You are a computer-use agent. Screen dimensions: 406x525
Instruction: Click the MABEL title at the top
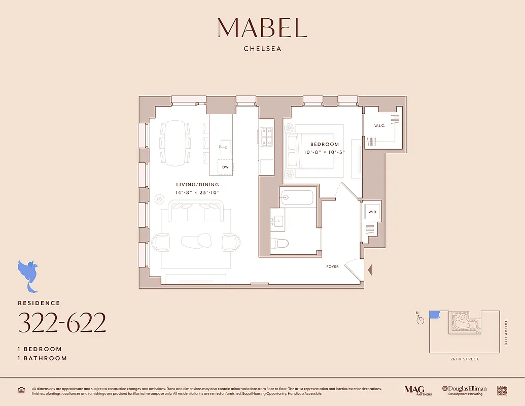[262, 28]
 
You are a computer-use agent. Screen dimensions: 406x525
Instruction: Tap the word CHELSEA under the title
[262, 49]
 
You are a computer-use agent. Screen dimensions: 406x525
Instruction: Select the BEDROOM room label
[324, 145]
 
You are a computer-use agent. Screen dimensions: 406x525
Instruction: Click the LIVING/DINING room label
[197, 185]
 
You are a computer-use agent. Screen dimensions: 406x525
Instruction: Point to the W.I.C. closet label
[380, 125]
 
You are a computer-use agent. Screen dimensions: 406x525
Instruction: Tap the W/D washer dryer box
[372, 212]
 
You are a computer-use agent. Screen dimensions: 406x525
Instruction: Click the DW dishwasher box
[225, 167]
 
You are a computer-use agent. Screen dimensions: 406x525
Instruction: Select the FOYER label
[332, 266]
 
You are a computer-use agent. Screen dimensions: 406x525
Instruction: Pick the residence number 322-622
[62, 323]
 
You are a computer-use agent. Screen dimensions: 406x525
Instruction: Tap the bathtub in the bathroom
[297, 197]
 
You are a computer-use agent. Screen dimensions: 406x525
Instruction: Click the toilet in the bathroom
[279, 243]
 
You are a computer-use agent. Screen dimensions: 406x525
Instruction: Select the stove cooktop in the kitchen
[266, 136]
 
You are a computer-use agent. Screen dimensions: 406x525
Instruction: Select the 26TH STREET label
[464, 359]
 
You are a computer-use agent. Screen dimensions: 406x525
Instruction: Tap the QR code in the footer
[502, 390]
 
